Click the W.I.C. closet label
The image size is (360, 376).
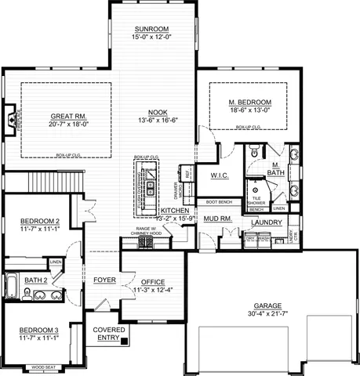tap(220, 175)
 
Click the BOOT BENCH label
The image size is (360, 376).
tap(220, 202)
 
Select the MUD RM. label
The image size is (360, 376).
tap(216, 219)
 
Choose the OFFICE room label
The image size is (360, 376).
tap(152, 281)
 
